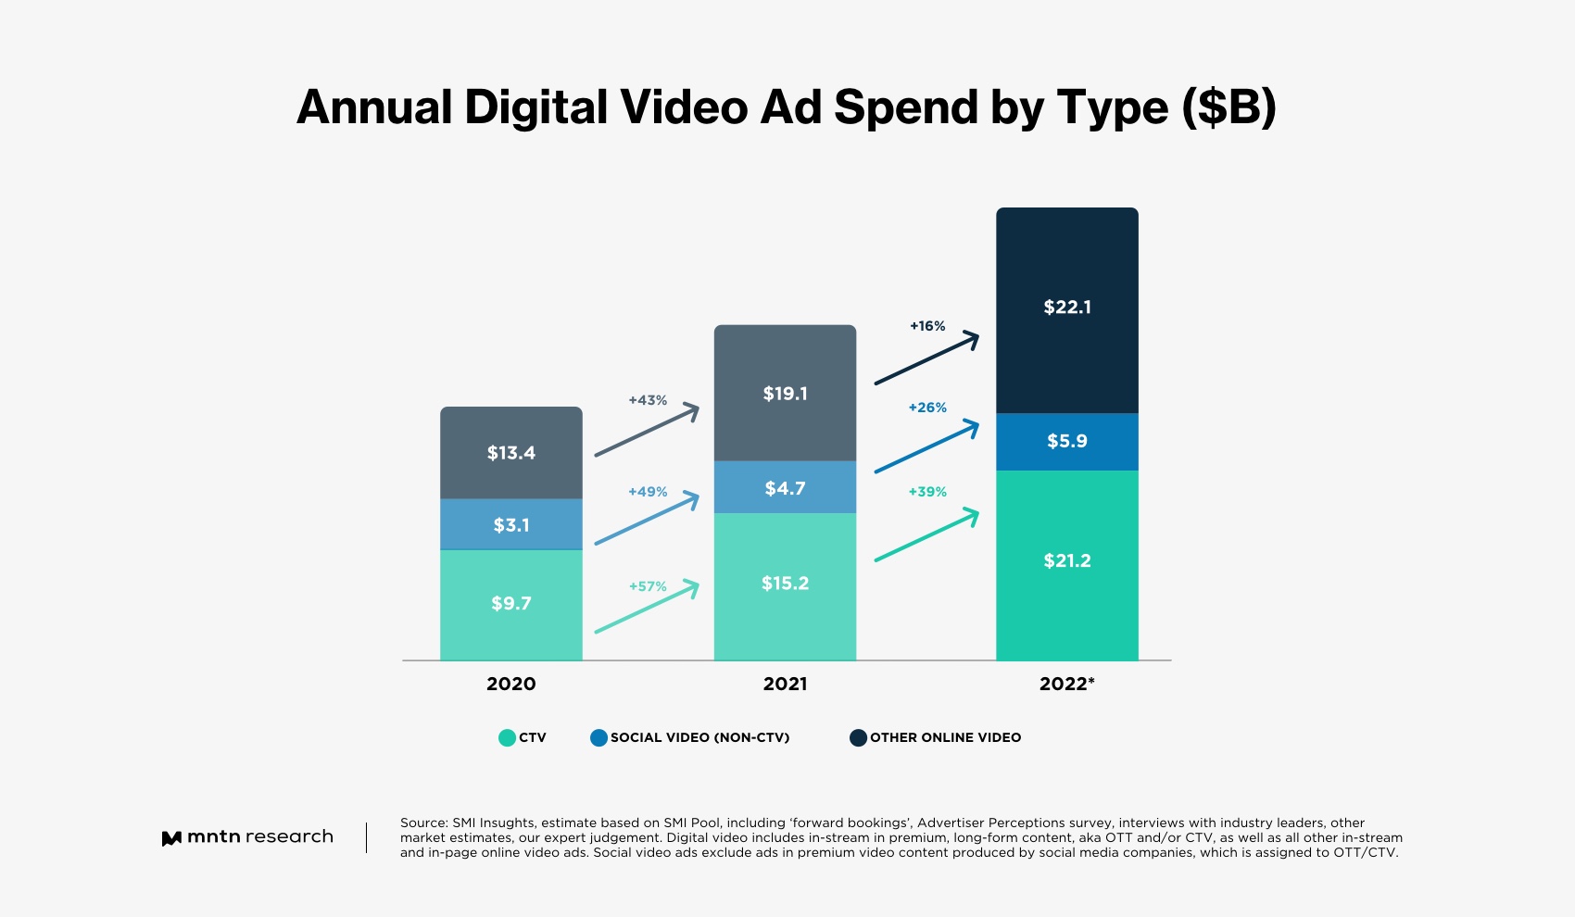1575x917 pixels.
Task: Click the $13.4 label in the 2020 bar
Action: (511, 453)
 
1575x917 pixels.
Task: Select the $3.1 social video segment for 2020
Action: (511, 525)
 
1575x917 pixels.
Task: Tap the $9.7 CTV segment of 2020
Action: (511, 604)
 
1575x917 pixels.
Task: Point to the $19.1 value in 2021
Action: (785, 394)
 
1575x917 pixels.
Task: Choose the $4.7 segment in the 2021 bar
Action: (785, 488)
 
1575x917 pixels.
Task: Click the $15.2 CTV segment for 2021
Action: (785, 584)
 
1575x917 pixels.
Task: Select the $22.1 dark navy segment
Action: (1067, 308)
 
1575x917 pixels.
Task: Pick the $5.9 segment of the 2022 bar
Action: (1067, 442)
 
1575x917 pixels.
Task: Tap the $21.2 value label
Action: (1067, 561)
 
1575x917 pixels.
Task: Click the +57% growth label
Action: (648, 586)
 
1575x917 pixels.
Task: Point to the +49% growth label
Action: (648, 492)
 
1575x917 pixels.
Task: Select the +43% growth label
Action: (648, 400)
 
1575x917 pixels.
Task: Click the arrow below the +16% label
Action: (926, 358)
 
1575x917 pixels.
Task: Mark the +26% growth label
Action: (927, 408)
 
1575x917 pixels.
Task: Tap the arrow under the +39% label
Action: (926, 535)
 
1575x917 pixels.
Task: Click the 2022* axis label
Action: (1066, 685)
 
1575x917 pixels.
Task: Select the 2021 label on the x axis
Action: (785, 685)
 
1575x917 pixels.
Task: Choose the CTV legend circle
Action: (507, 738)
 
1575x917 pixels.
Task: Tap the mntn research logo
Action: (247, 837)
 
